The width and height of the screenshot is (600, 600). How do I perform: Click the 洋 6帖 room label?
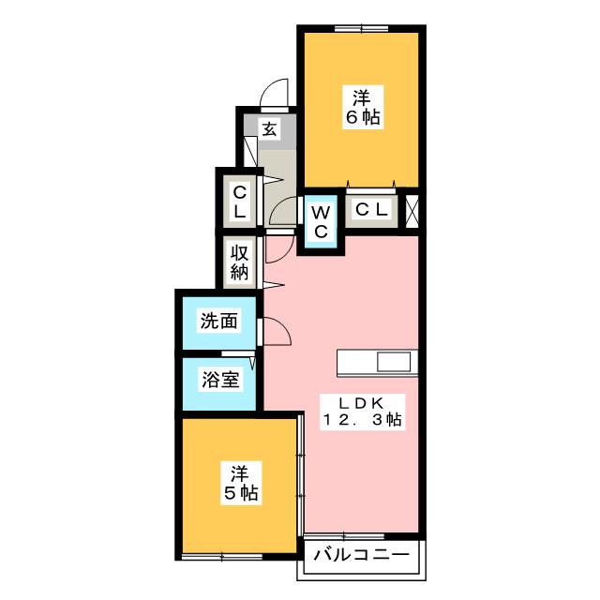pos(363,108)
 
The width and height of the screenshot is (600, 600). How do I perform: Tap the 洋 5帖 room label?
pos(241,484)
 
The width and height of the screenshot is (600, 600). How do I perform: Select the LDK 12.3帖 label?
pos(362,412)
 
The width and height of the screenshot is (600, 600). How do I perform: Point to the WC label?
pos(321,221)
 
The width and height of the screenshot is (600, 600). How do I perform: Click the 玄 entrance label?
pos(270,129)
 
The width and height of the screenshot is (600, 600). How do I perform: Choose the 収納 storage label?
pos(240,262)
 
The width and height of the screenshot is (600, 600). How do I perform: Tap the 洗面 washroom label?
pos(218,321)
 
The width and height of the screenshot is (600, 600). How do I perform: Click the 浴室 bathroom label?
pos(220,379)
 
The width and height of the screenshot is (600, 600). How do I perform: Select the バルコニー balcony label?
pos(362,554)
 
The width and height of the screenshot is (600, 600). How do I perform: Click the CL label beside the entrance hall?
pos(240,202)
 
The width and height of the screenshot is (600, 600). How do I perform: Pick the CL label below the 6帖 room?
pos(372,209)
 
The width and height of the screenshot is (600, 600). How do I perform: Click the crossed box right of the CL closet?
pos(412,212)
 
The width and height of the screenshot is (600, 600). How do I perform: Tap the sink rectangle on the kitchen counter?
pos(394,362)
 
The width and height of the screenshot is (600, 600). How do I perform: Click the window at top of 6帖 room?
pos(361,28)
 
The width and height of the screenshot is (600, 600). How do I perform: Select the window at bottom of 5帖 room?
pos(222,557)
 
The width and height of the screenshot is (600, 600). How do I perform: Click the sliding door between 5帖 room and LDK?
pos(301,475)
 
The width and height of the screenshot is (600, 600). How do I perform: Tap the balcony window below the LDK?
pos(344,535)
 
